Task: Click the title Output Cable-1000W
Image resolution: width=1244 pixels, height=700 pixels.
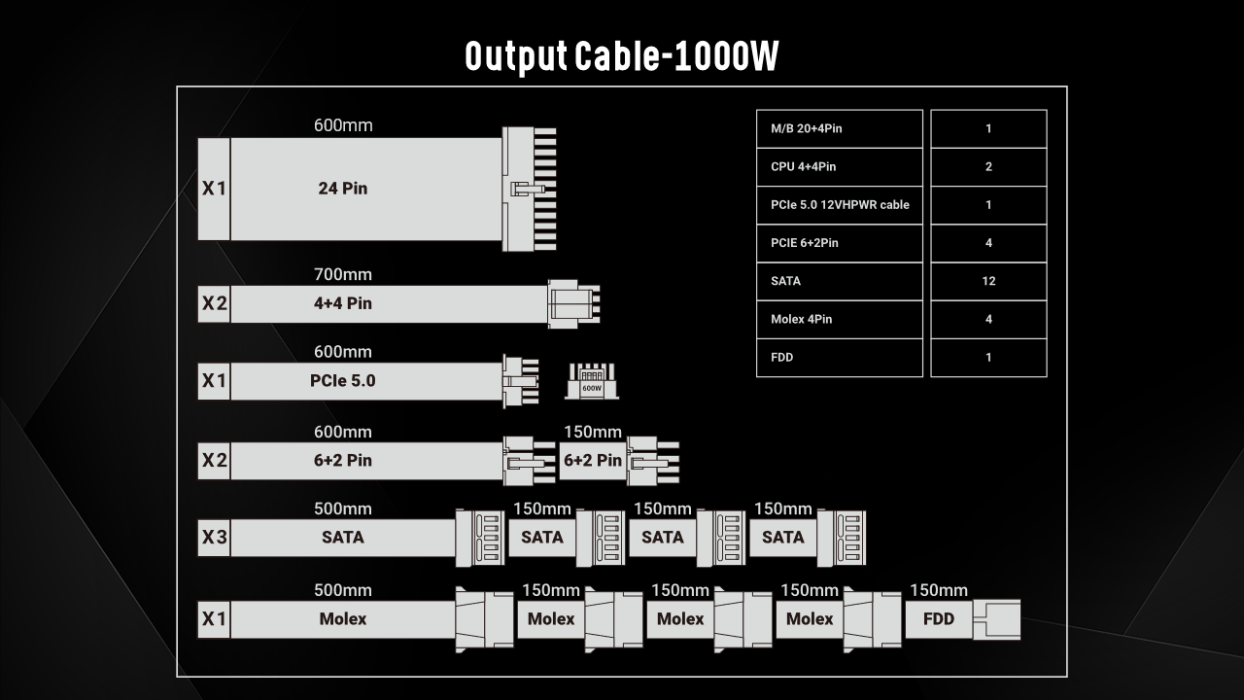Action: (622, 57)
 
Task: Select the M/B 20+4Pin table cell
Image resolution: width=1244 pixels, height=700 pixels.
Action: (839, 128)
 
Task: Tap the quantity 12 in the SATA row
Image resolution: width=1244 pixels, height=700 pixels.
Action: (988, 281)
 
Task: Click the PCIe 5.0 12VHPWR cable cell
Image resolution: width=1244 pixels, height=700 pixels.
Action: (839, 205)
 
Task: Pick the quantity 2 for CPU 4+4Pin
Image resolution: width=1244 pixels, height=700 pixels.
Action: (988, 166)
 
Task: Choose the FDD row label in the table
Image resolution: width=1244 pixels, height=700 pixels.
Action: (839, 357)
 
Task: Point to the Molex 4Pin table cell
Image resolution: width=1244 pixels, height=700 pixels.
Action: (839, 319)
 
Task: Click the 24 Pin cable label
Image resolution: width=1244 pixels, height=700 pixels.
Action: (343, 189)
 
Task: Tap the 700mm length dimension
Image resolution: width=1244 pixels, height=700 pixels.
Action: (343, 275)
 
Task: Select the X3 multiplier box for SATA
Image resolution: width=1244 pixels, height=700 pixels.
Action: (214, 537)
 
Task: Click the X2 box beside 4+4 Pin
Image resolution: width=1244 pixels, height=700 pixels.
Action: (214, 303)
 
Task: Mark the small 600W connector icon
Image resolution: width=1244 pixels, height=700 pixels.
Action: (592, 381)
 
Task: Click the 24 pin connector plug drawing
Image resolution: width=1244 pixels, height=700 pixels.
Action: (528, 189)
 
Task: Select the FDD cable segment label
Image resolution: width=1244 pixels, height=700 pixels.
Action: (939, 619)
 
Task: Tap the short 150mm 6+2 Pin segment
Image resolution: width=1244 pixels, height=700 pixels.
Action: (593, 460)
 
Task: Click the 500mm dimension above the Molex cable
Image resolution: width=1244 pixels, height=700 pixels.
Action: (343, 590)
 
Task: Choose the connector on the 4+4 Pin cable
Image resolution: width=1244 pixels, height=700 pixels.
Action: (573, 303)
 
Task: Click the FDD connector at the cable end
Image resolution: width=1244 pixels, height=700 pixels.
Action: (997, 619)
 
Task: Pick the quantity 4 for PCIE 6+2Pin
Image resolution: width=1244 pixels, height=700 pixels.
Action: (988, 243)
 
